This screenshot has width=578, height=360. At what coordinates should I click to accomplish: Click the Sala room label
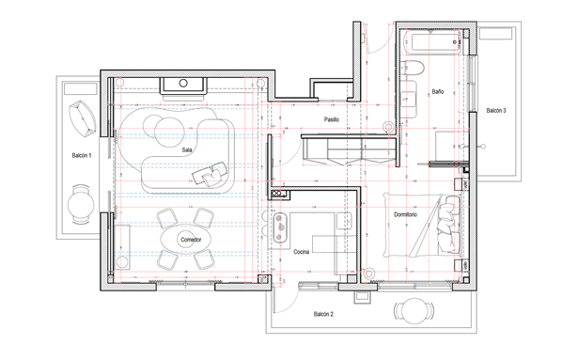pos(187,150)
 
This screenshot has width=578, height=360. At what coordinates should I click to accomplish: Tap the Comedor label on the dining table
pos(191,240)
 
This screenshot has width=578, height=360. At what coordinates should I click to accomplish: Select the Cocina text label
pos(301,252)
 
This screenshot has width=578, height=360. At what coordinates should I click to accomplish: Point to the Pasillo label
pos(332,119)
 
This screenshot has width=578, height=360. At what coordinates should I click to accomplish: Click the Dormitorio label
pos(405,214)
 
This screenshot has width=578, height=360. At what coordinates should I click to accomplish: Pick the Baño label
pos(438,91)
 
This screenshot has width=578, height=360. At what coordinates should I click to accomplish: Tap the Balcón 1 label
pos(82,156)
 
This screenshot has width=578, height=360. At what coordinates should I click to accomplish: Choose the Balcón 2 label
pos(323,314)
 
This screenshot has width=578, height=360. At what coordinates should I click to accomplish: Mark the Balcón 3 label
pos(496,110)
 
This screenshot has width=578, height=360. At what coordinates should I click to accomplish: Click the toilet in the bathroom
pos(413,68)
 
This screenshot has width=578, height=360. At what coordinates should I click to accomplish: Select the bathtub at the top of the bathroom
pos(431,42)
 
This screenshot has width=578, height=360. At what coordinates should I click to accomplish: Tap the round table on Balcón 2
pos(414,310)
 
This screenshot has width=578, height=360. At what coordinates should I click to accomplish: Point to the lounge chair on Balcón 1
pos(83,118)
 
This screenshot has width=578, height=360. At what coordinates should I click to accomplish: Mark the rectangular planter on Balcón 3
pos(496,34)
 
